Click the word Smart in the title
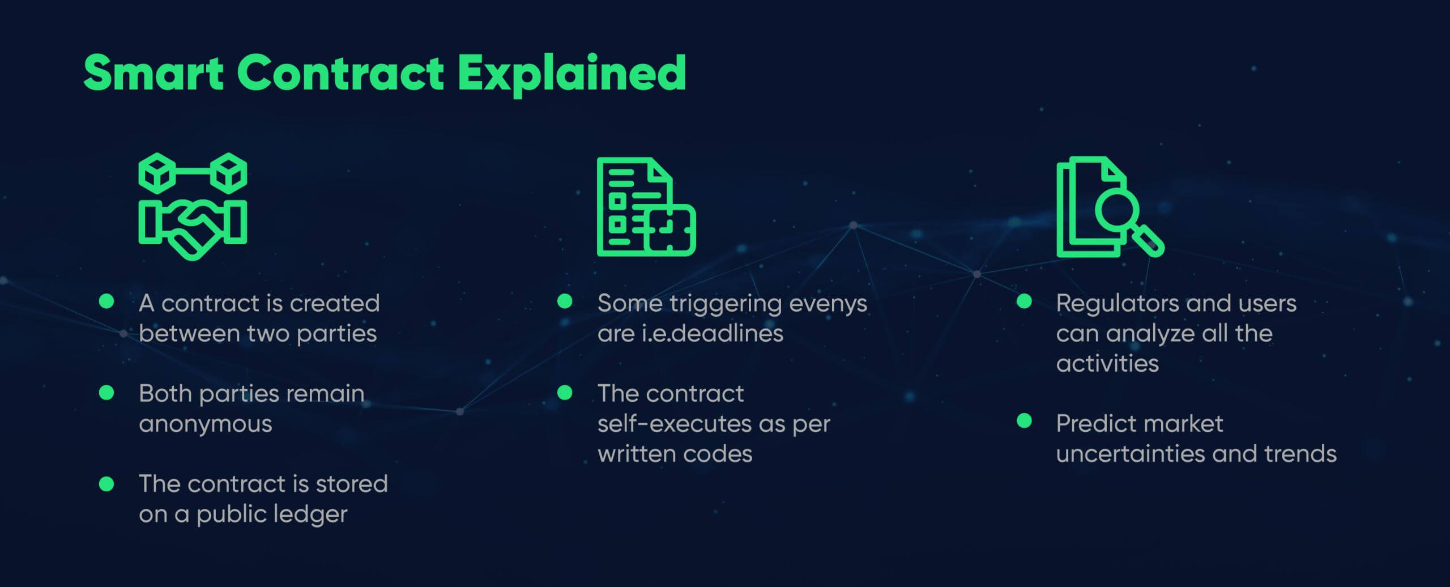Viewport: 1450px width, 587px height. pos(153,73)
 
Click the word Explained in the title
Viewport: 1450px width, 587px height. pos(572,75)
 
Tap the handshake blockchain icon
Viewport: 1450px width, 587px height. pos(193,206)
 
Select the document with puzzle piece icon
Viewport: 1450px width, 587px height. pos(646,207)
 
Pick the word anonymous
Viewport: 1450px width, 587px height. pos(206,424)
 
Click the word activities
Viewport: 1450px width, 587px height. pos(1107,363)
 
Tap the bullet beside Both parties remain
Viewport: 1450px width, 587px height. pos(106,393)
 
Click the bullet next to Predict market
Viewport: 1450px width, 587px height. pos(1024,420)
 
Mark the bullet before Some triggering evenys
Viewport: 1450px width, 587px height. pos(565,301)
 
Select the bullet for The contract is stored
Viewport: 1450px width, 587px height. pos(106,483)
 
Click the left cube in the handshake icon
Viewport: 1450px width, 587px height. pos(157,172)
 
